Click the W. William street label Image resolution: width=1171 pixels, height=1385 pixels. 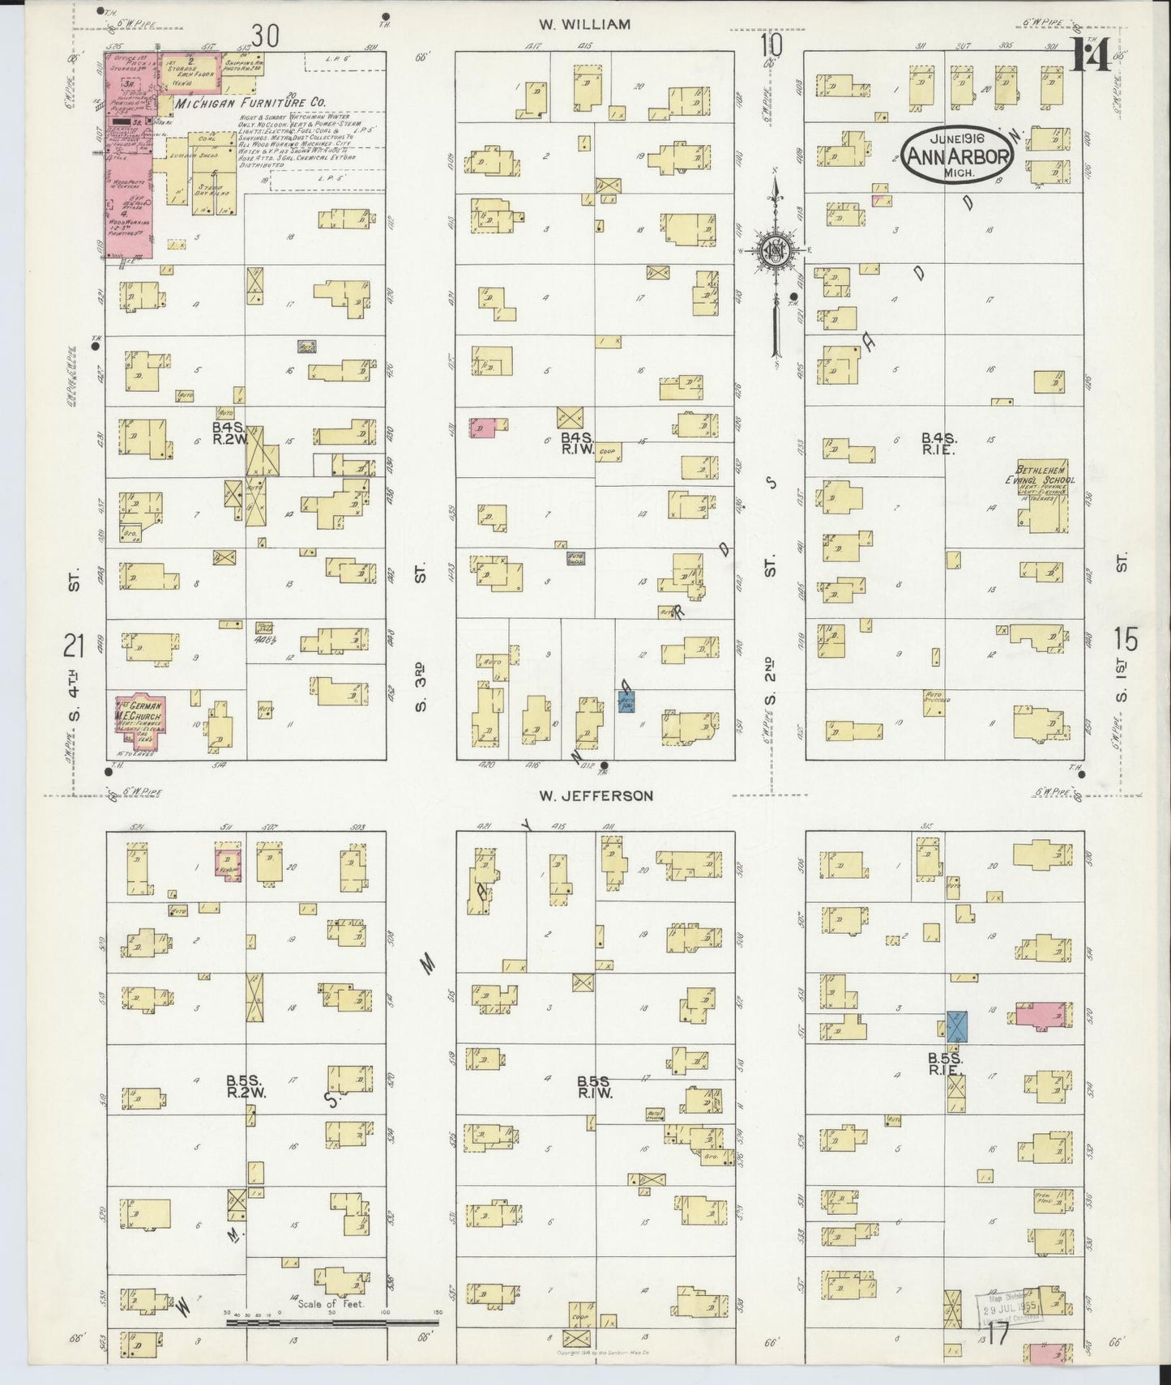pos(584,24)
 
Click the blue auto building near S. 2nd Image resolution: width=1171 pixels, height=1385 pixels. pos(626,701)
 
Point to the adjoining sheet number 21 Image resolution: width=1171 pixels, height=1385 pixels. pos(75,646)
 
